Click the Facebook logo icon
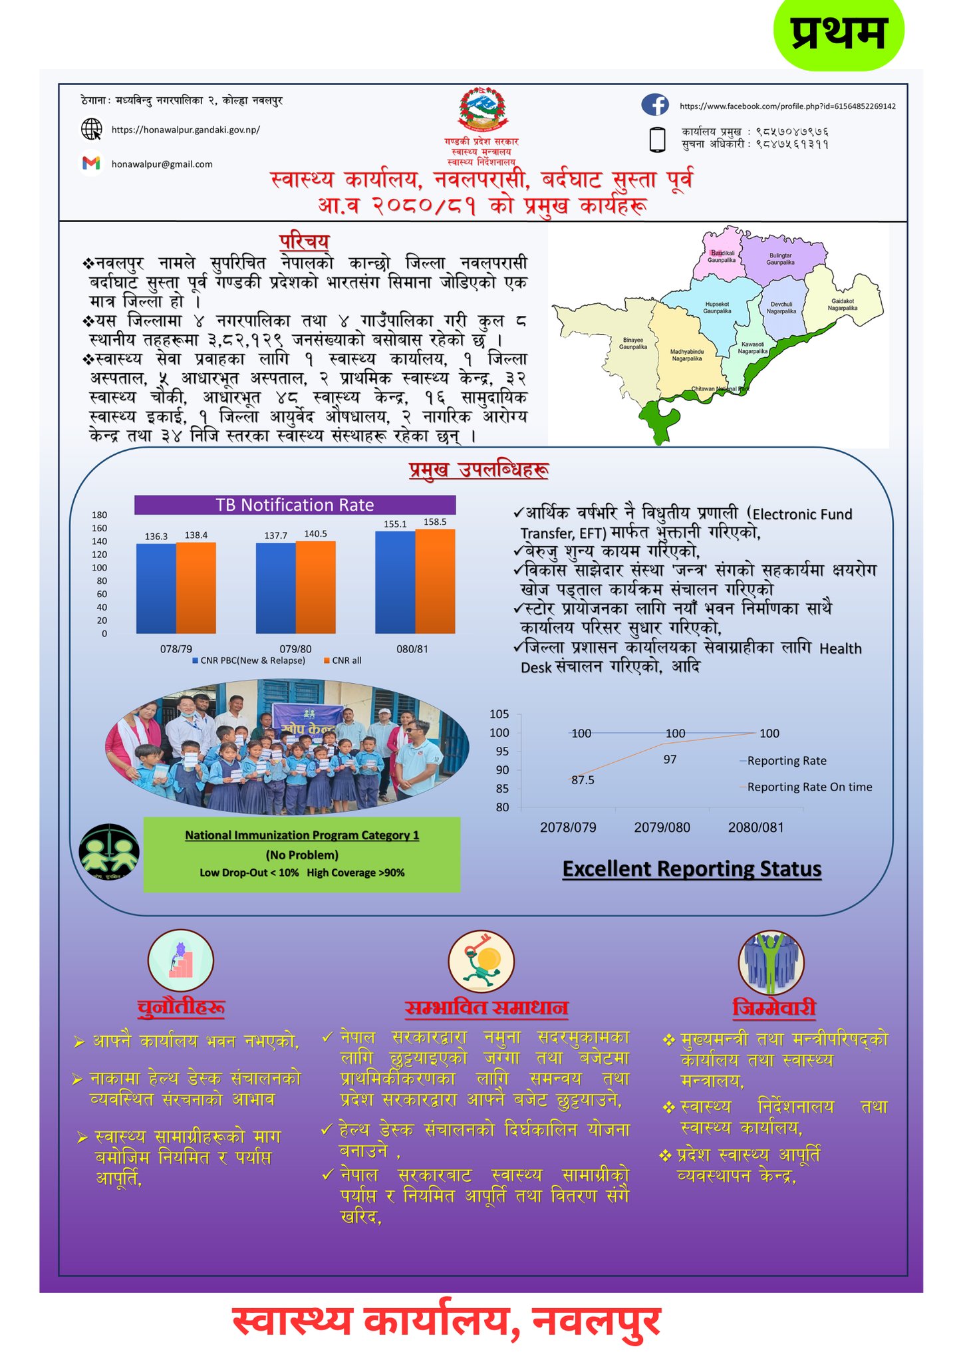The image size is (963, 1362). click(x=654, y=105)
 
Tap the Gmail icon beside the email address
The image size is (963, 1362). click(x=91, y=163)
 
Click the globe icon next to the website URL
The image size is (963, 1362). click(x=91, y=129)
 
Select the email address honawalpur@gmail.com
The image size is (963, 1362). click(x=162, y=164)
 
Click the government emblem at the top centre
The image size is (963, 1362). click(x=481, y=110)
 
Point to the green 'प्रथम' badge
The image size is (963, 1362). click(x=839, y=33)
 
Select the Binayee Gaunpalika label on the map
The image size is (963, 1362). click(x=632, y=343)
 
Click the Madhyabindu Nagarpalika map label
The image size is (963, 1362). click(x=686, y=355)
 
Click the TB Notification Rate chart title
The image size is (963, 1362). click(x=295, y=505)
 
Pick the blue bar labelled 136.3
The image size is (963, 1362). click(x=156, y=588)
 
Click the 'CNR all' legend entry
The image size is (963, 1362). click(x=343, y=660)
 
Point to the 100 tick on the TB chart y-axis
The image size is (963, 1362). click(x=100, y=568)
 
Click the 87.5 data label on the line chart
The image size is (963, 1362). click(x=583, y=780)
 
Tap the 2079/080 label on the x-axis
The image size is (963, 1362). click(x=662, y=827)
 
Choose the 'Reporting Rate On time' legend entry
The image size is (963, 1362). click(x=809, y=787)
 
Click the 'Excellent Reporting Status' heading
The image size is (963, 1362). click(x=692, y=869)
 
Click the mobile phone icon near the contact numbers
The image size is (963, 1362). click(x=657, y=140)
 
